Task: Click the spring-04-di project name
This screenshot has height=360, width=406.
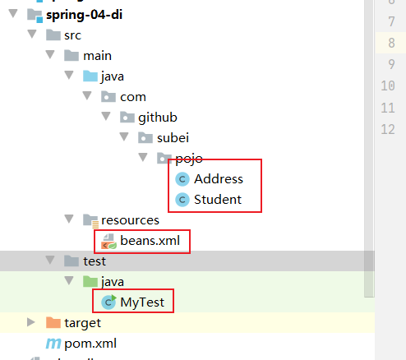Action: pyautogui.click(x=84, y=15)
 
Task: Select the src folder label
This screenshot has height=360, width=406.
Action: pyautogui.click(x=72, y=35)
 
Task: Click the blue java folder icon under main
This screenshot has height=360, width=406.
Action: pyautogui.click(x=90, y=76)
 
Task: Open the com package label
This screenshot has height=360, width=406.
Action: pyautogui.click(x=133, y=97)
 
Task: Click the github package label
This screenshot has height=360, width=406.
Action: pyautogui.click(x=158, y=118)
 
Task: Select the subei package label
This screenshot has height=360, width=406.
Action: pyautogui.click(x=173, y=138)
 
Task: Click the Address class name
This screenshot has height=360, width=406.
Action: pyautogui.click(x=219, y=179)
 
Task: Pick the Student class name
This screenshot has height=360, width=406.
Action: pyautogui.click(x=218, y=200)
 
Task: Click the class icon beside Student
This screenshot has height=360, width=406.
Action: pyautogui.click(x=182, y=200)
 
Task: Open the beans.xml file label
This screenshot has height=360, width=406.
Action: pyautogui.click(x=150, y=241)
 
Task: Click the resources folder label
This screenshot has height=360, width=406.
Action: pyautogui.click(x=130, y=220)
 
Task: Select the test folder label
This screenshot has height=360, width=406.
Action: pyautogui.click(x=95, y=261)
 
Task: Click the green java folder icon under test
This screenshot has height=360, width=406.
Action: pyautogui.click(x=90, y=282)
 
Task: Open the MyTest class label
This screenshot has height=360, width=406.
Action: pyautogui.click(x=142, y=302)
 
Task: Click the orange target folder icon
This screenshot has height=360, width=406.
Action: pyautogui.click(x=53, y=323)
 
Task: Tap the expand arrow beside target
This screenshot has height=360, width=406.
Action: pyautogui.click(x=31, y=322)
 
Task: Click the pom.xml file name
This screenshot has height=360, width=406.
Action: pyautogui.click(x=90, y=344)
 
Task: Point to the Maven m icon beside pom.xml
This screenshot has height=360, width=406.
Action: pyautogui.click(x=53, y=344)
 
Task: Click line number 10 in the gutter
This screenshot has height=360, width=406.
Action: pyautogui.click(x=388, y=85)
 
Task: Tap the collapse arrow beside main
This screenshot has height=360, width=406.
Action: pyautogui.click(x=50, y=55)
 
